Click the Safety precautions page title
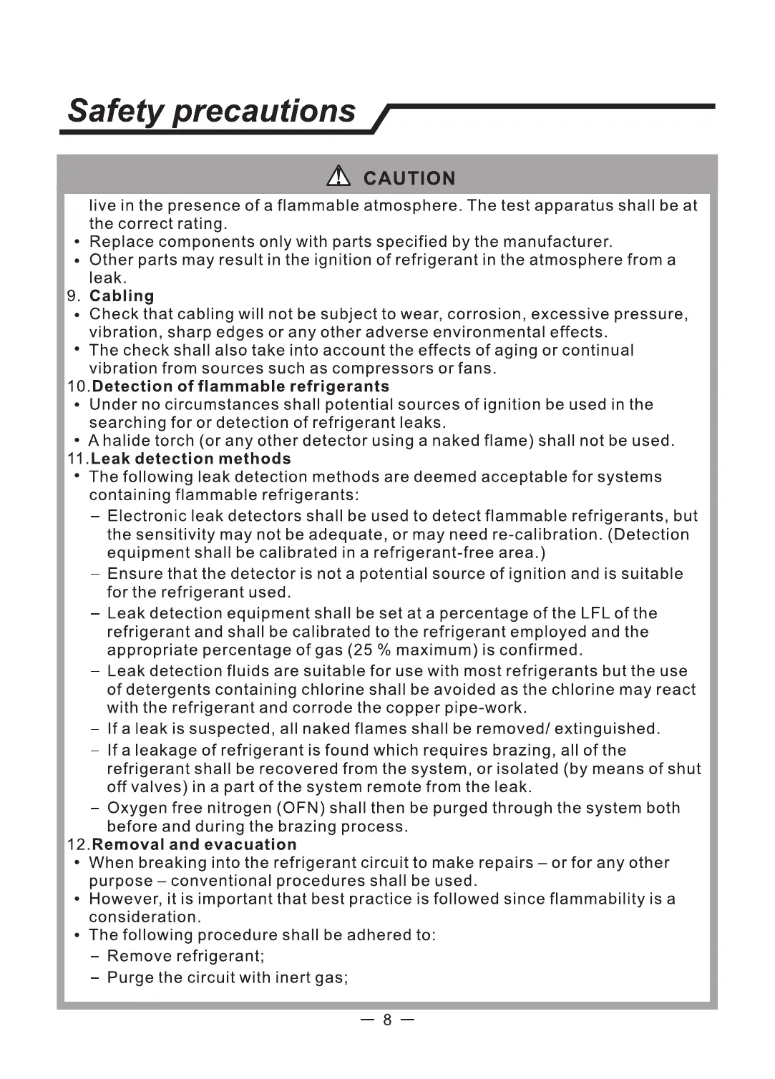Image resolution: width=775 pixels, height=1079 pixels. (212, 111)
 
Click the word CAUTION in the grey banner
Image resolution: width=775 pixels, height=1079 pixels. (409, 178)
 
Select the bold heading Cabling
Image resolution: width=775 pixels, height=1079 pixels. (122, 296)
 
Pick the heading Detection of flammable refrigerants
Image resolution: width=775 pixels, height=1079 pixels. (241, 386)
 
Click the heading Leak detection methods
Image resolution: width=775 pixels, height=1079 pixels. (191, 459)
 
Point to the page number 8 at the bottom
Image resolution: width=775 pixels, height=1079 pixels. (387, 1020)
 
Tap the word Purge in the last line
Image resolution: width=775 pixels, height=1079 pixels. (130, 977)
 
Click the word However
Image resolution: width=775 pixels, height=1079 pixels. (125, 899)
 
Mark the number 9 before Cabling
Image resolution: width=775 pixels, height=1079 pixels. (72, 296)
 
